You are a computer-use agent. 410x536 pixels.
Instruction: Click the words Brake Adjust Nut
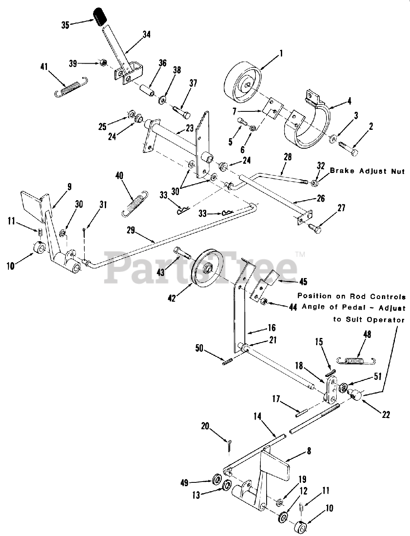point(367,171)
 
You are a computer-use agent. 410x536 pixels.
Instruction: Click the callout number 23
point(189,129)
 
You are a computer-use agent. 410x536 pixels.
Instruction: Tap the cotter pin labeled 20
point(230,446)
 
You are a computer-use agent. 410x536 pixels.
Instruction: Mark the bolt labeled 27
point(316,229)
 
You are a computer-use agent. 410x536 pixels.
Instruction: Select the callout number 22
point(386,415)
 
